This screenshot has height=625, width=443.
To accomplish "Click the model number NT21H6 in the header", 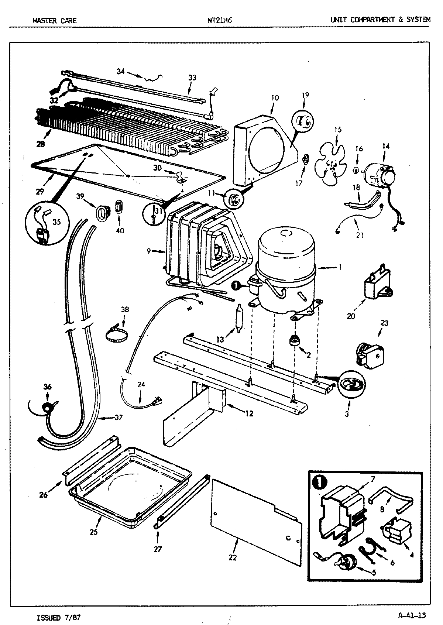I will coord(220,20).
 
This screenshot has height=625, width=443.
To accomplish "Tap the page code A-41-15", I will coord(412,615).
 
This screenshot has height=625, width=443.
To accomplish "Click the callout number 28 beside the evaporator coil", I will coord(41,144).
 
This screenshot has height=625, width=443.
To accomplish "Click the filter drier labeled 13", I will coord(239,318).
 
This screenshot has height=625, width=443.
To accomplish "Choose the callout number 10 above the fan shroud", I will coord(275,98).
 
